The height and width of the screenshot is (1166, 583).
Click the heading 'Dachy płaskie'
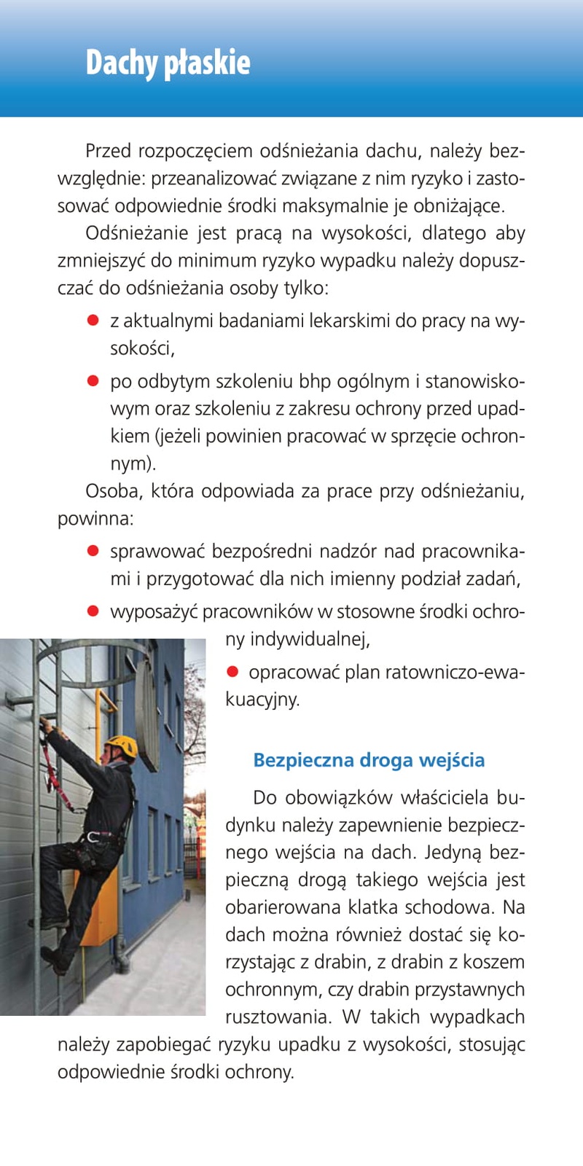[168, 63]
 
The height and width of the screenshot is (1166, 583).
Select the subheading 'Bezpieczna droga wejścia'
[369, 760]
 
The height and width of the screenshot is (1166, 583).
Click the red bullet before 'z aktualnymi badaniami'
[93, 320]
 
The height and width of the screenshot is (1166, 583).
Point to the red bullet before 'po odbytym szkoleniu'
[93, 380]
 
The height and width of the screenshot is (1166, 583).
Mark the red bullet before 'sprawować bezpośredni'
[93, 551]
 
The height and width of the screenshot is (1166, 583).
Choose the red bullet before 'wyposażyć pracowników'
[93, 611]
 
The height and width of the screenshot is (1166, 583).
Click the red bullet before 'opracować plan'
[232, 671]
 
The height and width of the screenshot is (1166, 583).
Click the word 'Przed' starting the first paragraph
[108, 151]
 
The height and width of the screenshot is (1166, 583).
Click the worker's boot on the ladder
[55, 959]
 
